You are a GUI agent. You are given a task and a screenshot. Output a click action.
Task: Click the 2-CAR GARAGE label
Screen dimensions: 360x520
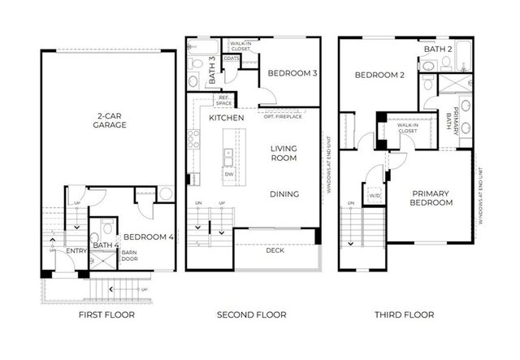tap(109, 121)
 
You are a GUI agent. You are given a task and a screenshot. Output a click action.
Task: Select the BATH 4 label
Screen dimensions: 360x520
tap(105, 245)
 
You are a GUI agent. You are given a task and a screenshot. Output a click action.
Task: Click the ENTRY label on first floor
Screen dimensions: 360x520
tap(76, 251)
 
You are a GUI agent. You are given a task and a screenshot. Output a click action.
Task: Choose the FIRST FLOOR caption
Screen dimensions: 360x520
tap(106, 314)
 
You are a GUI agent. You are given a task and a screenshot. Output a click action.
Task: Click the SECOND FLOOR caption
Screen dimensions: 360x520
tap(250, 314)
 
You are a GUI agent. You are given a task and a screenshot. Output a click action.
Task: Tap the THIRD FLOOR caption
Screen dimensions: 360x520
tap(403, 314)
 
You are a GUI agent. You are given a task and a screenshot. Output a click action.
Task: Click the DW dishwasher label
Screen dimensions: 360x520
tap(228, 174)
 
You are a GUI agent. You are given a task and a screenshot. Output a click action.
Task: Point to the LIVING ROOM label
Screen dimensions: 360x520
tap(284, 153)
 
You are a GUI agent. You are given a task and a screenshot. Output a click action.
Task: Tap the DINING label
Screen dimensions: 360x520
tap(284, 193)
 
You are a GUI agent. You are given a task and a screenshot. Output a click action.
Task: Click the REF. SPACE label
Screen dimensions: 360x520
tap(223, 101)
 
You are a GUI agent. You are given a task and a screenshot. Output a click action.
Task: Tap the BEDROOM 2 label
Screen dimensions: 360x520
tap(379, 76)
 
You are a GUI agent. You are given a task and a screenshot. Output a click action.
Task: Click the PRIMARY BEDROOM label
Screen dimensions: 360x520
tap(431, 197)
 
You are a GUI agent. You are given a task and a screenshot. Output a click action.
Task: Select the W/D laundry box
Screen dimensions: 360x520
tap(375, 195)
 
